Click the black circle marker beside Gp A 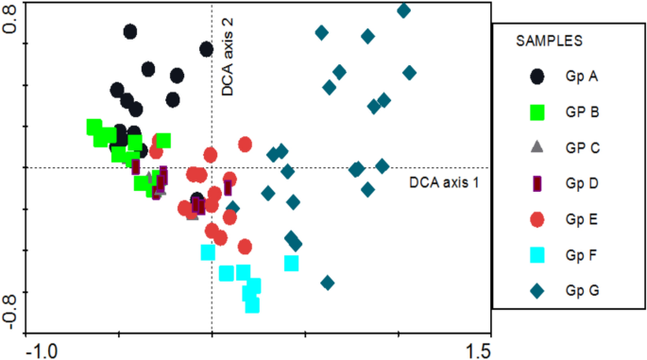coord(537,77)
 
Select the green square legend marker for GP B coord(537,112)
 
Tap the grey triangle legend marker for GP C coord(537,147)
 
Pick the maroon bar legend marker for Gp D coord(537,183)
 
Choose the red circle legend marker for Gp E coord(537,219)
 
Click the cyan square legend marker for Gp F coord(537,255)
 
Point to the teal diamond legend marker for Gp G coord(537,291)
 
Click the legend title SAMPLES coord(549,42)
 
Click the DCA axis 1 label coord(445,180)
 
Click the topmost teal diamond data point coord(403,11)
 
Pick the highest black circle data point coord(131,31)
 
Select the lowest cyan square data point coord(252,304)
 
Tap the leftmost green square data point coord(94,127)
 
